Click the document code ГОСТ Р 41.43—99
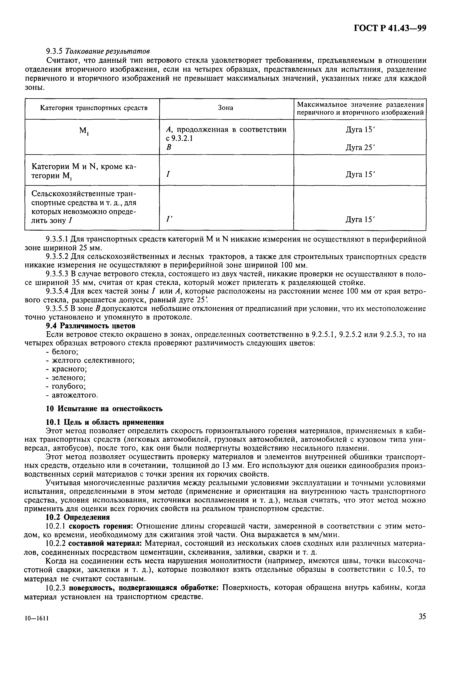pos(389,28)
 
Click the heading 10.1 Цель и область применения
pos(105,422)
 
